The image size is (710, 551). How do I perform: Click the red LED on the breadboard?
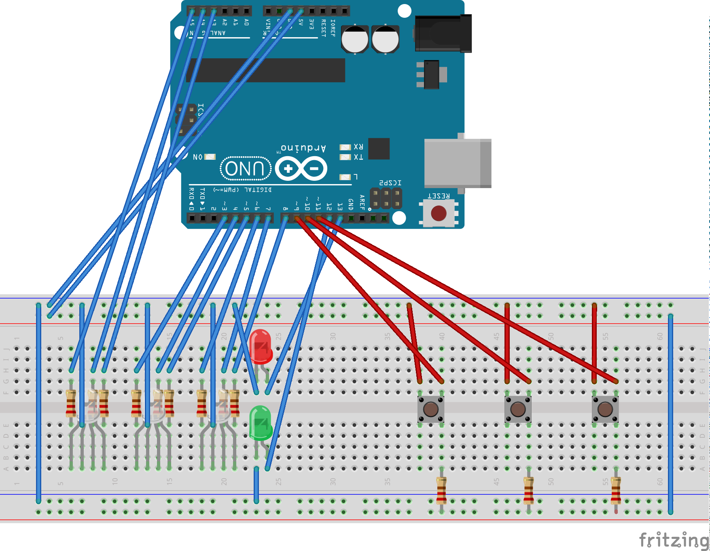(x=261, y=346)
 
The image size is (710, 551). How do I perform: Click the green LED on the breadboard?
(x=261, y=423)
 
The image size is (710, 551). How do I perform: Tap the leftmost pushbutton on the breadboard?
(x=430, y=409)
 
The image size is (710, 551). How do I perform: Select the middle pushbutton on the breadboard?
(x=518, y=409)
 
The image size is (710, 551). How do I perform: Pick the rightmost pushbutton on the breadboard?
(x=605, y=409)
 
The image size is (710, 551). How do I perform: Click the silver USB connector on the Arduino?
(x=457, y=163)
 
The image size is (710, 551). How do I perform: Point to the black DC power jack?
(x=443, y=34)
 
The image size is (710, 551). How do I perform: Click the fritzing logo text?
(x=674, y=540)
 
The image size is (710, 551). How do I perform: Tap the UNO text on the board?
(x=245, y=168)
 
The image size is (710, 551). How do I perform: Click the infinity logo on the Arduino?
(x=301, y=168)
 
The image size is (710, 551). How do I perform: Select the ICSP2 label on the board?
(x=390, y=183)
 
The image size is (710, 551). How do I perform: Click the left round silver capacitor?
(x=355, y=40)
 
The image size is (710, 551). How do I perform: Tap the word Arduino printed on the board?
(x=303, y=148)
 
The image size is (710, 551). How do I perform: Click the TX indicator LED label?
(x=358, y=157)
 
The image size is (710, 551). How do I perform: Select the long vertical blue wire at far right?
(x=670, y=413)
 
